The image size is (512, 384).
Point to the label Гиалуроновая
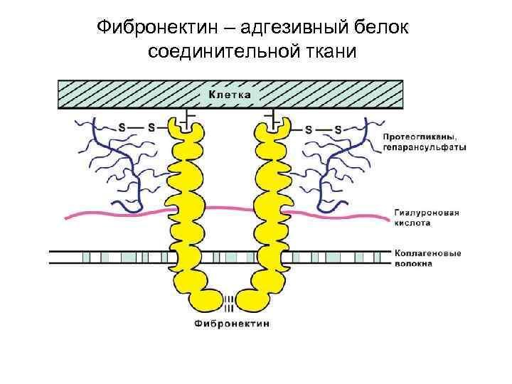[x=427, y=212]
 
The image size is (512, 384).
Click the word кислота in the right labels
[x=412, y=223]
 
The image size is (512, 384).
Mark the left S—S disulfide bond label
[x=136, y=128]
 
